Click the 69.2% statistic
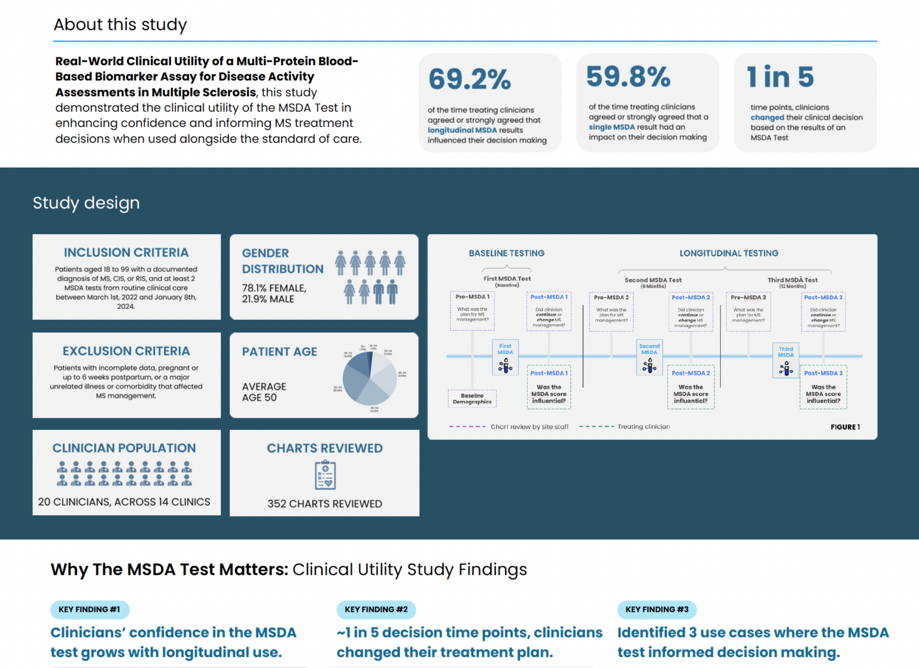(470, 79)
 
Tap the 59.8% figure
(628, 77)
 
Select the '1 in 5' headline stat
(780, 77)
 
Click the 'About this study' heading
(120, 25)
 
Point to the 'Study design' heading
(86, 203)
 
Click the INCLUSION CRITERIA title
(126, 253)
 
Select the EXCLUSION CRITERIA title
(126, 351)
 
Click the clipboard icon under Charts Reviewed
(325, 475)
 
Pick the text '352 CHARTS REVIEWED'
(325, 504)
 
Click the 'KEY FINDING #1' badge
(90, 609)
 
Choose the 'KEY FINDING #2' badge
(376, 609)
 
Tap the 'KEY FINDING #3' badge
(657, 609)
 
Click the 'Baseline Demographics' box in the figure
(472, 399)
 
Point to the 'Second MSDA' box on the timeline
(649, 357)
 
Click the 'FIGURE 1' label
(845, 427)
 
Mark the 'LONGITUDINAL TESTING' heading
(729, 253)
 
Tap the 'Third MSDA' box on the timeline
(786, 360)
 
